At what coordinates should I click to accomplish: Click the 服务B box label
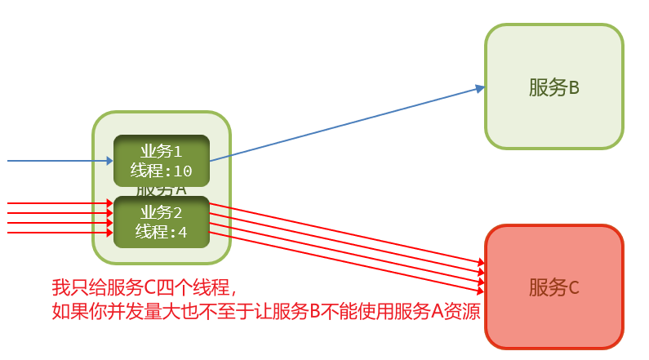553,87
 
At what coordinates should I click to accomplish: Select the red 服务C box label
553,287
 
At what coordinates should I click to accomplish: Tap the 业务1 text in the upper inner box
161,152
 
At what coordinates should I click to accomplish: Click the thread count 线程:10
161,171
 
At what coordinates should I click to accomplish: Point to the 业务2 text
161,214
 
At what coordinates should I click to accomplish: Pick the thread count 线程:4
161,232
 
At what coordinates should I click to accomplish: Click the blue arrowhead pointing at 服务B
480,88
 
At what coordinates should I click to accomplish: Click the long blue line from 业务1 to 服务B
343,123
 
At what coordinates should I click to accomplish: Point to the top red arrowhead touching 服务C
482,262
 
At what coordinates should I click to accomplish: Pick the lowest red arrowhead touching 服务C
482,289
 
